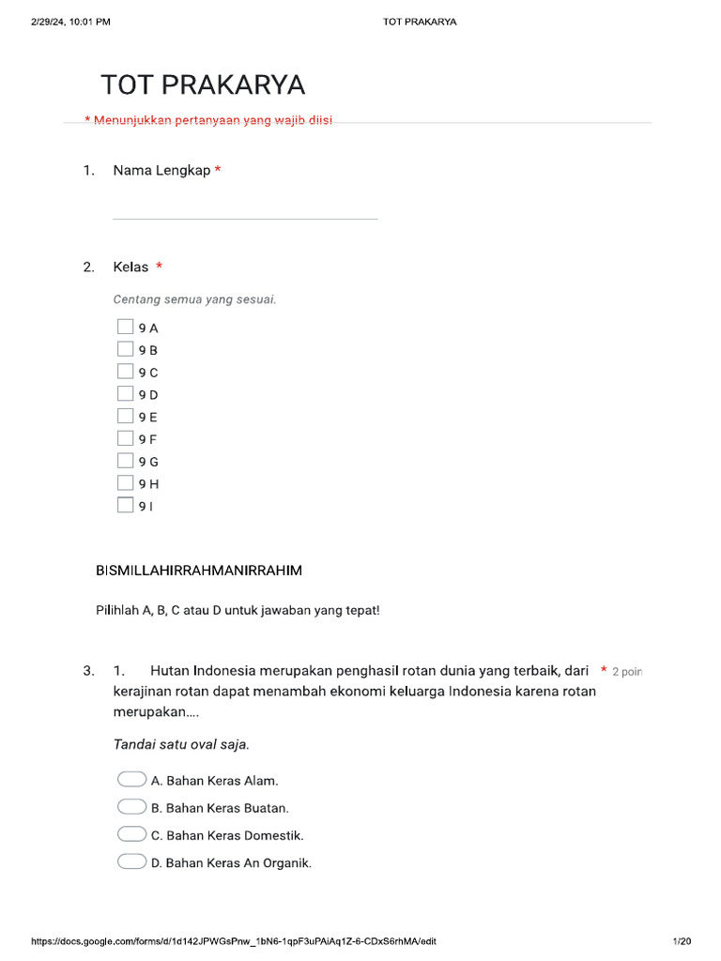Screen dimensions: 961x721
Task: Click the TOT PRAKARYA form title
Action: coord(203,85)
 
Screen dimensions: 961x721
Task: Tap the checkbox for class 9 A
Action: coord(125,327)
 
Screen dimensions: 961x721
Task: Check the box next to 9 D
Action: coord(125,393)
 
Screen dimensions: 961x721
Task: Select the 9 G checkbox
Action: coord(125,461)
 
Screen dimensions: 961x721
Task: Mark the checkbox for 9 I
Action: coord(125,505)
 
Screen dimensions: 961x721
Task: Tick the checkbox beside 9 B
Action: coord(125,349)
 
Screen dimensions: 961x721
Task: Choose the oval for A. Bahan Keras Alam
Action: coord(131,780)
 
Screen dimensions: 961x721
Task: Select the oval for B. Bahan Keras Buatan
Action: coord(131,807)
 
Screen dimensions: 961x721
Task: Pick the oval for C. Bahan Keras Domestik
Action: coord(131,834)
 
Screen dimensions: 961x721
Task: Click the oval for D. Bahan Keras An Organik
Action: coord(131,862)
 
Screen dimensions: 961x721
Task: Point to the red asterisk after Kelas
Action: coord(160,267)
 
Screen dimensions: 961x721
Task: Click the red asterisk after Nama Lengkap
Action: coord(218,170)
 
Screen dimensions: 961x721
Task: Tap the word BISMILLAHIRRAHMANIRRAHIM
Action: coord(199,571)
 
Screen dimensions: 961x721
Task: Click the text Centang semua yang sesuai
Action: coord(194,300)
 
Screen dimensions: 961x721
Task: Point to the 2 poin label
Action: coord(627,672)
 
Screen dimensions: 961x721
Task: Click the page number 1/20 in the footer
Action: coord(682,941)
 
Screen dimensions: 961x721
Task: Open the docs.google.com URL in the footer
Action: coord(234,941)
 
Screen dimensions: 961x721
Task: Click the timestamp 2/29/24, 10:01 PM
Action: coord(70,22)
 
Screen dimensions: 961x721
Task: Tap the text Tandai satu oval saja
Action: coord(182,744)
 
